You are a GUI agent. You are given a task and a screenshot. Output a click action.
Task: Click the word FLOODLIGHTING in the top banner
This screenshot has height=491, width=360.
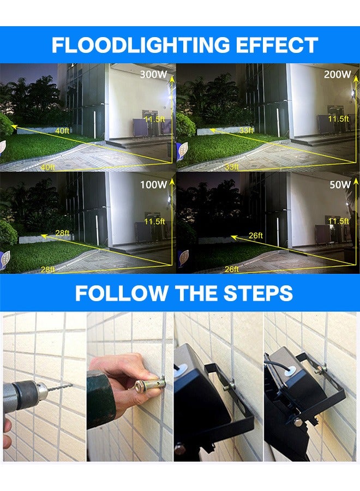(141, 45)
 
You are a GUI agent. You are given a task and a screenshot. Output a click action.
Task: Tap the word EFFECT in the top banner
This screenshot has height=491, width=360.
(277, 45)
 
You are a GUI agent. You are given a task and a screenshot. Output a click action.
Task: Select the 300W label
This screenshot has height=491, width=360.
(153, 75)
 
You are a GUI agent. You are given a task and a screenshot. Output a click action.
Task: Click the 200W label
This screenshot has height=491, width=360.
(338, 75)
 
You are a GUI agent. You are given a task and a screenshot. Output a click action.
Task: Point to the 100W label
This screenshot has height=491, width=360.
(153, 185)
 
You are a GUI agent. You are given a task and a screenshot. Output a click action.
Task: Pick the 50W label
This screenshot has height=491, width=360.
(340, 185)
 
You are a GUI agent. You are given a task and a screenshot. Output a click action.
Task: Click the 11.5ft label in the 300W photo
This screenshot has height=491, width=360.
(154, 119)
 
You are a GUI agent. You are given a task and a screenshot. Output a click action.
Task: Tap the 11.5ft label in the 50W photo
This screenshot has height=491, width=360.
(338, 221)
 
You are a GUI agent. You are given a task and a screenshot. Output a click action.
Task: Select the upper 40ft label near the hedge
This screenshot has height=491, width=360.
(62, 131)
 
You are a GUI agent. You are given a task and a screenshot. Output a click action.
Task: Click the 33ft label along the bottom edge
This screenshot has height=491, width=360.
(232, 167)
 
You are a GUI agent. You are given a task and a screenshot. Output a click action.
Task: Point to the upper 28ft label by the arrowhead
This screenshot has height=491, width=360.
(62, 233)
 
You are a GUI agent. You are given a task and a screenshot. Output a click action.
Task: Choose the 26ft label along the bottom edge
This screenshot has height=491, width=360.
(232, 269)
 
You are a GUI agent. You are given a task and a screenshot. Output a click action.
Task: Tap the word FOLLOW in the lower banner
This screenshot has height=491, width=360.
(122, 293)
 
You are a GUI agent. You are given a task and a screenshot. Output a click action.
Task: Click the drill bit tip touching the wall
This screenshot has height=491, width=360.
(71, 385)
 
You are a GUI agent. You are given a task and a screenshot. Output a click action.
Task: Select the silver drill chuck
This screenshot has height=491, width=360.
(38, 391)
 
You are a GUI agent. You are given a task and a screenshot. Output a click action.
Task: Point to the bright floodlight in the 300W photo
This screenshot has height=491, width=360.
(170, 98)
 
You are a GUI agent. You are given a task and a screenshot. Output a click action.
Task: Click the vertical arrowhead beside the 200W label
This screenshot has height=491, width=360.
(356, 80)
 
